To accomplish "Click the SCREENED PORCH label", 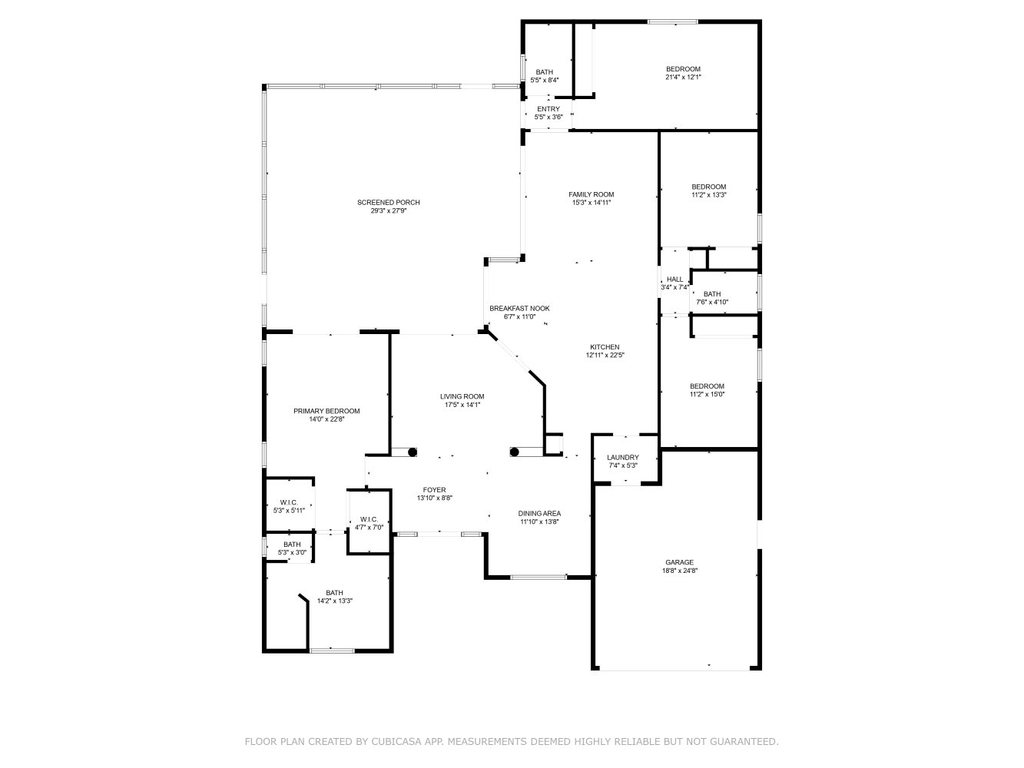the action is click(388, 203).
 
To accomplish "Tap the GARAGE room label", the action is click(679, 562).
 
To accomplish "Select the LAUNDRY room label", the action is click(623, 458).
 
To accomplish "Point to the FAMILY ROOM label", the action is click(591, 194).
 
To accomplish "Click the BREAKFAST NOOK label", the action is click(519, 308).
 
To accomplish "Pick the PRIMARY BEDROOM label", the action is click(326, 411).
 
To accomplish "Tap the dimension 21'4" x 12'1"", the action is click(683, 78).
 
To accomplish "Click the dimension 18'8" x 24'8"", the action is click(679, 571).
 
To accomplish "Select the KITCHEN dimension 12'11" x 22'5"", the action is click(605, 355).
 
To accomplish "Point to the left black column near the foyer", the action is click(413, 452).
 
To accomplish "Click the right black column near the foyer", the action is click(514, 452).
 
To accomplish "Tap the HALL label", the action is click(674, 280).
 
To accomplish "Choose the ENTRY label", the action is click(548, 109).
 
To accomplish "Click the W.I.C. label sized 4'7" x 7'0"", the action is click(369, 519).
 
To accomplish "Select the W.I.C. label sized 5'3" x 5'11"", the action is click(289, 502).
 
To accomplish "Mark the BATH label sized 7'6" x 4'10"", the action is click(712, 294).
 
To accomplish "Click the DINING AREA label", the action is click(539, 513).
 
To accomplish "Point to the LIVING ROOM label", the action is click(462, 396).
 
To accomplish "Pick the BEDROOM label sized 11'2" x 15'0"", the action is click(707, 386).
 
